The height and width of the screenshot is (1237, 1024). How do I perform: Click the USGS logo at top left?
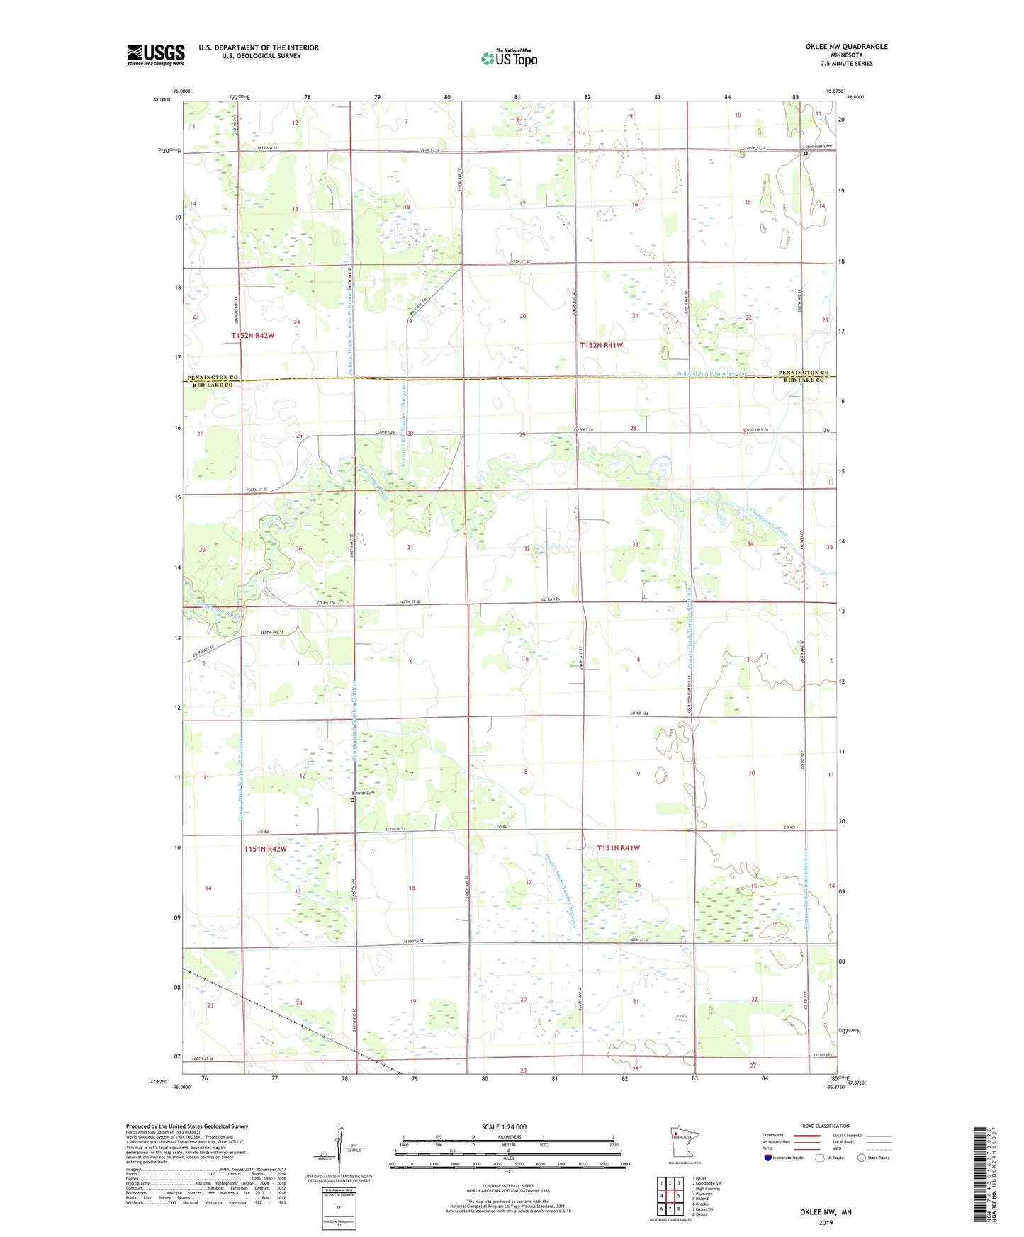[155, 55]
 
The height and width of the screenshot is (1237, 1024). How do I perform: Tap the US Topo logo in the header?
[508, 57]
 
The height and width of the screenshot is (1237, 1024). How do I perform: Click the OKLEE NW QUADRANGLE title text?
[846, 47]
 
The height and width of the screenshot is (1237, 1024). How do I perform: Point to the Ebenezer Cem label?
[817, 147]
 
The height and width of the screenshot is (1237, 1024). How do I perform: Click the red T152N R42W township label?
[252, 335]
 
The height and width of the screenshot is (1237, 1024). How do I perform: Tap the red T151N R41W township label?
[619, 848]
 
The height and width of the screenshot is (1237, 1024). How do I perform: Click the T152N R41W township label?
[602, 345]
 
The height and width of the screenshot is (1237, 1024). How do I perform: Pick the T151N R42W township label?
[266, 849]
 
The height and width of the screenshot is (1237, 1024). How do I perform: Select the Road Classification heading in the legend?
[826, 1126]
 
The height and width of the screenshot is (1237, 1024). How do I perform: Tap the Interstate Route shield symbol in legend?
[769, 1158]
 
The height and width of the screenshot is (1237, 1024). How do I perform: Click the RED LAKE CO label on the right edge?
[804, 380]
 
